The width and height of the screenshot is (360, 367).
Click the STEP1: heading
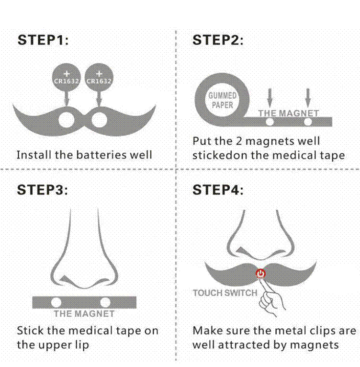43,40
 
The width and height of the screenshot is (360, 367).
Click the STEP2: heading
218,40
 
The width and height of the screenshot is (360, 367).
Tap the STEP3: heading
43,189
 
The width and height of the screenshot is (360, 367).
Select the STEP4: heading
218,189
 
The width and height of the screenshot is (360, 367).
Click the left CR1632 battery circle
67,77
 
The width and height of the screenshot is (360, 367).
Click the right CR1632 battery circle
99,77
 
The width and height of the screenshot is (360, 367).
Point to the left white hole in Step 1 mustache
67,120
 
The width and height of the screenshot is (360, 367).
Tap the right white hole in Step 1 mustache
99,120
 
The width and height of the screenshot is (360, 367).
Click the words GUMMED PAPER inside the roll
222,100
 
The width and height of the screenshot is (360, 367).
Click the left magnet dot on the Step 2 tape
270,122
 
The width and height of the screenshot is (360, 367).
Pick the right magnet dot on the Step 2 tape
308,122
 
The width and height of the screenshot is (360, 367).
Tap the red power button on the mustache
260,274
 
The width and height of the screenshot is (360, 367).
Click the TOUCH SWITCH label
225,293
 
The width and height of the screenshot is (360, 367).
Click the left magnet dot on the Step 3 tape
56,302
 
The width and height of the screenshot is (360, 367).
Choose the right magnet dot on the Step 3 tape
105,302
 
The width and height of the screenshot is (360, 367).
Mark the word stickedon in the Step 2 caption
220,156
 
